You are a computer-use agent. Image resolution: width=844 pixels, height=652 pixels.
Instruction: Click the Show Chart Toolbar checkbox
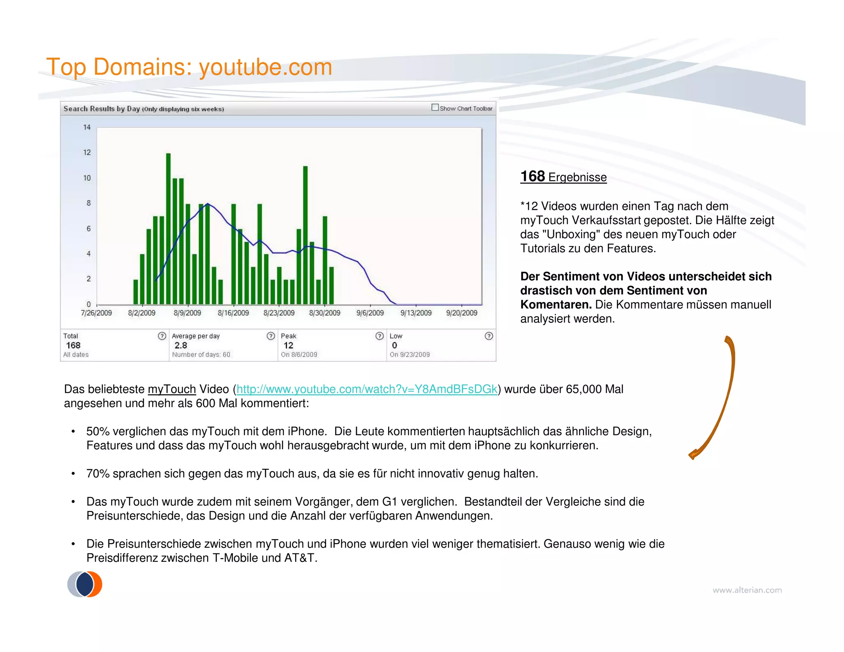[435, 108]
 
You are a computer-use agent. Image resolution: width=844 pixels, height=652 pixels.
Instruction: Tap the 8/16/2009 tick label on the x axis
[233, 313]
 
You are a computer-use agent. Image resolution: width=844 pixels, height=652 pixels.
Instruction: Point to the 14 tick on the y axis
[87, 127]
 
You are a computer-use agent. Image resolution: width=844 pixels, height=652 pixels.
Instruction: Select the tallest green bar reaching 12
[168, 229]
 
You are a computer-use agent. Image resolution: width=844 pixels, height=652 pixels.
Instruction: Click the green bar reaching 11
[305, 235]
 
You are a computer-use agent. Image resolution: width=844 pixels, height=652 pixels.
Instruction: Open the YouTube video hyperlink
[367, 389]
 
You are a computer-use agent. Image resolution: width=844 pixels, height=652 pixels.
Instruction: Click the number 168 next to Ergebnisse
[532, 176]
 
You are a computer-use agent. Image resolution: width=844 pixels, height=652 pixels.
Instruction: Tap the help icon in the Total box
[162, 336]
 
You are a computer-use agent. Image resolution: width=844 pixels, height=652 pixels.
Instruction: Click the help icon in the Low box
[489, 336]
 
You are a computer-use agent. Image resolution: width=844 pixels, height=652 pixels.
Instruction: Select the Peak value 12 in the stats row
[288, 345]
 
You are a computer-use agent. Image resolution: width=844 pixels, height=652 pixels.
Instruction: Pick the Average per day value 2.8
[181, 345]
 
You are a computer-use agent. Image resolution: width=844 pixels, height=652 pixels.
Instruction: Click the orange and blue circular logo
[85, 584]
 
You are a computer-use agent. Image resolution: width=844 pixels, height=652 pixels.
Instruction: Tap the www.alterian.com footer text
[747, 590]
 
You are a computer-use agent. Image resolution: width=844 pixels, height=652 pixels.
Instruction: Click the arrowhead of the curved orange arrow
[693, 454]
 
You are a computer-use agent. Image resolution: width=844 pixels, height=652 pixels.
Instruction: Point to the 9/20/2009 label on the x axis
[462, 313]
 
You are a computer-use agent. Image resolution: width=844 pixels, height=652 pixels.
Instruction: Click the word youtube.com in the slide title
[265, 67]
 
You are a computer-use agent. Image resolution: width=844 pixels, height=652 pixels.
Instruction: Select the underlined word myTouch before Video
[171, 389]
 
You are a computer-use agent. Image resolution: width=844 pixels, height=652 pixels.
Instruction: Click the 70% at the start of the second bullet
[98, 474]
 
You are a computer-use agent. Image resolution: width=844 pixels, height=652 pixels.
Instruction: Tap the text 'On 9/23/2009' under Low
[410, 354]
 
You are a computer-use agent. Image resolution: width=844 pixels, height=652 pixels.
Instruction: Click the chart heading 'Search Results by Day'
[101, 109]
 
